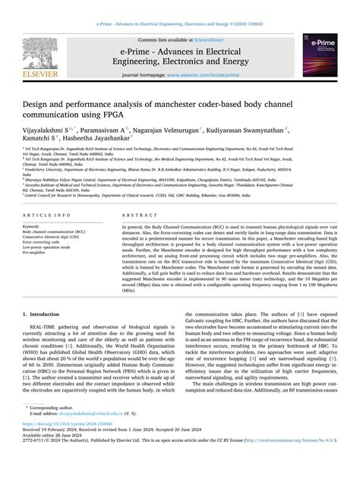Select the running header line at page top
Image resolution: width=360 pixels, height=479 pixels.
click(180, 6)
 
